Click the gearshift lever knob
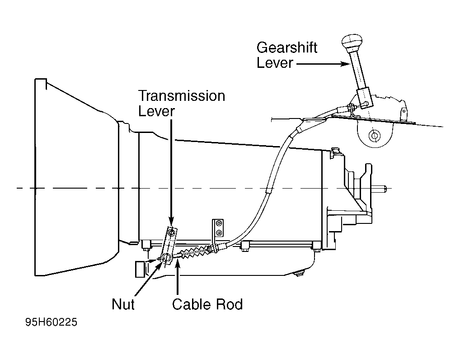pyautogui.click(x=352, y=43)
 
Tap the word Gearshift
pyautogui.click(x=287, y=47)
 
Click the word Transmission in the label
pyautogui.click(x=182, y=96)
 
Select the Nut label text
pyautogui.click(x=123, y=304)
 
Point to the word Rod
pyautogui.click(x=229, y=304)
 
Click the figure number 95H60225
pyautogui.click(x=52, y=322)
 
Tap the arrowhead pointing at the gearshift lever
pyautogui.click(x=345, y=64)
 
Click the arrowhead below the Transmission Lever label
pyautogui.click(x=172, y=221)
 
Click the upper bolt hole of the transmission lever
pyautogui.click(x=172, y=233)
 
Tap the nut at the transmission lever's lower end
pyautogui.click(x=165, y=258)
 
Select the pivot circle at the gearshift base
pyautogui.click(x=374, y=136)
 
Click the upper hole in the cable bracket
pyautogui.click(x=219, y=224)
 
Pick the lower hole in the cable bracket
pyautogui.click(x=219, y=233)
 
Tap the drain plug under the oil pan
pyautogui.click(x=299, y=274)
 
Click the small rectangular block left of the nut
pyautogui.click(x=140, y=269)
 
